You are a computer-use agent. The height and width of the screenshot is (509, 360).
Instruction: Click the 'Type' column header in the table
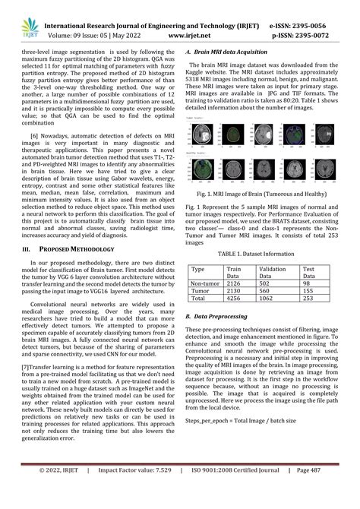pyautogui.click(x=198, y=269)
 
